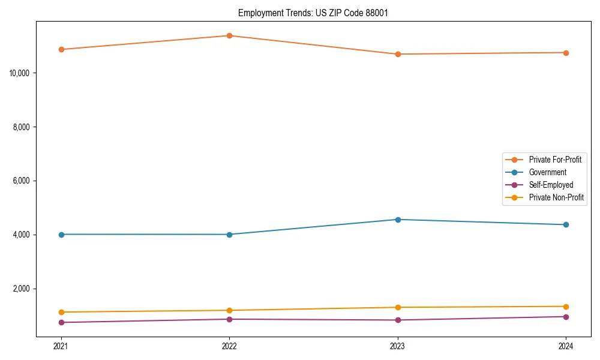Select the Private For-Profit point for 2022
pyautogui.click(x=229, y=35)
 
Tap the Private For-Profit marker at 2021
pyautogui.click(x=61, y=49)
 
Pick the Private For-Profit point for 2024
pyautogui.click(x=566, y=53)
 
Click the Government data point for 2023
pyautogui.click(x=398, y=220)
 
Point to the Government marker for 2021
pyautogui.click(x=61, y=235)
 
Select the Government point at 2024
pyautogui.click(x=566, y=225)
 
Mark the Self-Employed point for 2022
pyautogui.click(x=229, y=319)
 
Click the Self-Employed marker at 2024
pyautogui.click(x=566, y=317)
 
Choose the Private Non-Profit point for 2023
pyautogui.click(x=398, y=307)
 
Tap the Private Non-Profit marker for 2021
pyautogui.click(x=61, y=312)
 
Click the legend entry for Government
pyautogui.click(x=547, y=172)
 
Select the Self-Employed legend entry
pyautogui.click(x=551, y=185)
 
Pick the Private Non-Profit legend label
pyautogui.click(x=556, y=197)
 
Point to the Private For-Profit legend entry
pyautogui.click(x=555, y=160)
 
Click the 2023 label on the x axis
pyautogui.click(x=398, y=346)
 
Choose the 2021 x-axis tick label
pyautogui.click(x=61, y=346)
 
